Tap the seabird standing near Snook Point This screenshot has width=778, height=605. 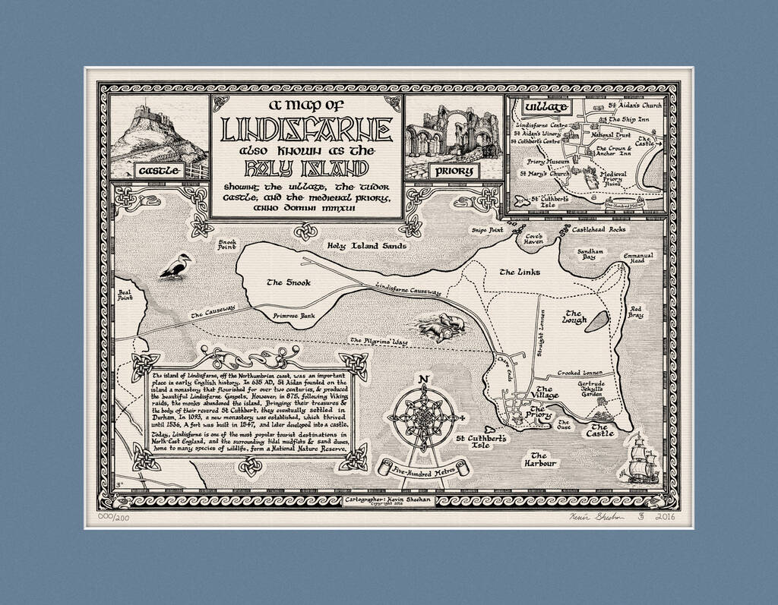(176, 266)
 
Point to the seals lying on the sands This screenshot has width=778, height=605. (441, 326)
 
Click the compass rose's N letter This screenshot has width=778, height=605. (424, 380)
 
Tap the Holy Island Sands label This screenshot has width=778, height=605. (367, 246)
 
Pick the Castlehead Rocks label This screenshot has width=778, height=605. (599, 228)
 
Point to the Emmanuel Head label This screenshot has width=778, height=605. (638, 259)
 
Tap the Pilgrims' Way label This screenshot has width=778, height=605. (378, 342)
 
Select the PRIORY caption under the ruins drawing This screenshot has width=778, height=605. (454, 171)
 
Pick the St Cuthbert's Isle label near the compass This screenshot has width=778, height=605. (482, 442)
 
